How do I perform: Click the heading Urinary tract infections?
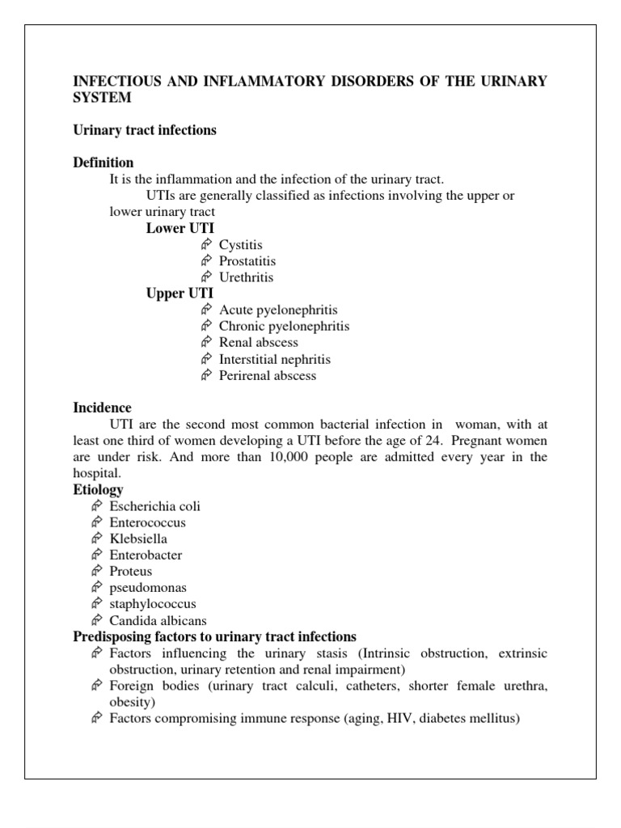[x=145, y=130]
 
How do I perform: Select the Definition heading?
[x=103, y=163]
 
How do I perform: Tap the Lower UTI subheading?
[x=180, y=228]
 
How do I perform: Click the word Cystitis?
[x=241, y=245]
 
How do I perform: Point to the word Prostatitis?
[x=247, y=261]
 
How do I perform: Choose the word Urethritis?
[x=247, y=277]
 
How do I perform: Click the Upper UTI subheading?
[x=180, y=294]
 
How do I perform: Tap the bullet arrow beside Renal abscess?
[x=205, y=343]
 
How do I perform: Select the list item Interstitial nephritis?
[x=274, y=359]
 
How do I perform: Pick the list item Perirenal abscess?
[x=268, y=375]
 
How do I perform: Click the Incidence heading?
[x=103, y=408]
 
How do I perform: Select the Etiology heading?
[x=99, y=490]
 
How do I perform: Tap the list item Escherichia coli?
[x=155, y=506]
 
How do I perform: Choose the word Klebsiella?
[x=139, y=539]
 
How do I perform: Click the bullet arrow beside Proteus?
[x=96, y=572]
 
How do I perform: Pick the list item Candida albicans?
[x=158, y=621]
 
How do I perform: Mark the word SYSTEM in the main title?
[x=102, y=97]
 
